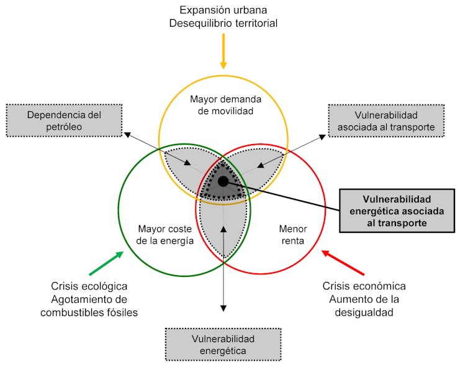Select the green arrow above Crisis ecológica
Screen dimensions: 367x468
click(x=106, y=263)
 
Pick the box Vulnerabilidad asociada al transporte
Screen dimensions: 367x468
click(x=385, y=121)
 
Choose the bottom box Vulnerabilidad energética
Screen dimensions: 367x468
click(x=223, y=344)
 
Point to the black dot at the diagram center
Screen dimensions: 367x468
click(x=223, y=181)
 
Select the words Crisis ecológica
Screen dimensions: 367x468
click(x=89, y=286)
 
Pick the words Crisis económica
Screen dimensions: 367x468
click(x=364, y=286)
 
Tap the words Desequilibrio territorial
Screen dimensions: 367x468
click(x=223, y=23)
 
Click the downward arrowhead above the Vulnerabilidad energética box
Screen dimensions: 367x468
click(x=223, y=307)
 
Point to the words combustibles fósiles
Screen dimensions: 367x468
click(x=89, y=313)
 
